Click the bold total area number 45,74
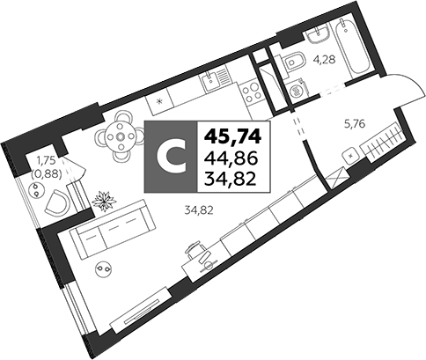pos(233,136)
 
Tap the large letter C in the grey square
pos(172,158)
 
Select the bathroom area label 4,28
pos(325,60)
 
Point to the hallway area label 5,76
pos(355,124)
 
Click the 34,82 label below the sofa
pos(199,210)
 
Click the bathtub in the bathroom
pos(353,47)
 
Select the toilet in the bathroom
pos(293,61)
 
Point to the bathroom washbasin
pos(318,34)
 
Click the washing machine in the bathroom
pos(297,89)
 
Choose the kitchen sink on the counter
pos(214,78)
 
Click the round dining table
pos(120,136)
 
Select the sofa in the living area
pos(113,229)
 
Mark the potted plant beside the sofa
pos(105,201)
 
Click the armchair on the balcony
pos(57,202)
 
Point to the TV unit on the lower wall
pos(140,310)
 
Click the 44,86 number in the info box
pos(232,158)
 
